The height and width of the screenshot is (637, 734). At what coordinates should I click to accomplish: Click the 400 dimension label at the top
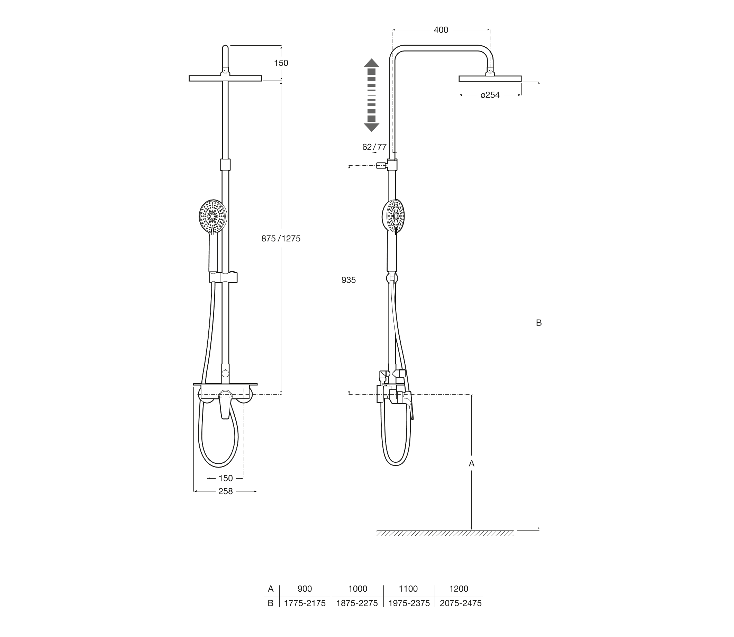point(441,30)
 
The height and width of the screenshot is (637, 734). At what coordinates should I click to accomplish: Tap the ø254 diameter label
point(490,95)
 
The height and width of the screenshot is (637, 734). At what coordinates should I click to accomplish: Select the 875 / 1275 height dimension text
point(281,239)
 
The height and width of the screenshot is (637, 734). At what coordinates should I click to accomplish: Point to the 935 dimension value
point(348,280)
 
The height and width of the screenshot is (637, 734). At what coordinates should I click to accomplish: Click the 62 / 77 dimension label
point(374,147)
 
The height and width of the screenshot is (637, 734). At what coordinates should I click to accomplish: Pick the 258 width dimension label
point(226,491)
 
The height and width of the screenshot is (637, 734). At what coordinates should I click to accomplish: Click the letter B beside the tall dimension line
point(539,323)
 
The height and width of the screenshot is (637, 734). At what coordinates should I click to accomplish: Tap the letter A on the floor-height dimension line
point(472,463)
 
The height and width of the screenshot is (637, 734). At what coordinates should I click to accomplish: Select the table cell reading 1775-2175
point(305,603)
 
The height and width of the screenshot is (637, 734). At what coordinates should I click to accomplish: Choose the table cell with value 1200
point(459,589)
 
